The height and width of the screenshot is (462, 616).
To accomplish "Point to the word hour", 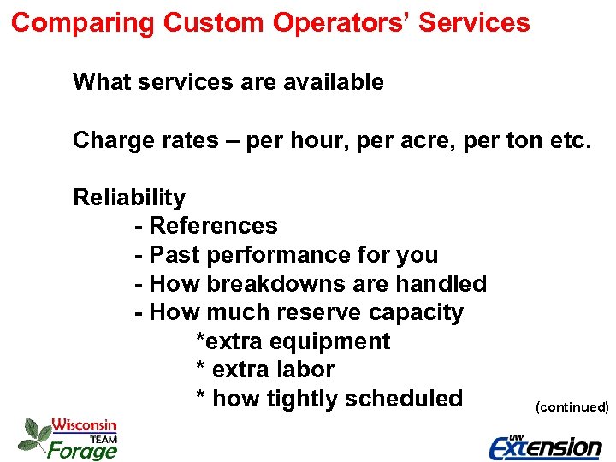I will (x=315, y=140).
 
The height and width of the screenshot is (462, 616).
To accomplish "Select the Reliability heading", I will (x=129, y=198).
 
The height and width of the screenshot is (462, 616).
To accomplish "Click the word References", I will (x=213, y=226).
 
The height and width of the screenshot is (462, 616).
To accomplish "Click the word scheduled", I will (x=401, y=399).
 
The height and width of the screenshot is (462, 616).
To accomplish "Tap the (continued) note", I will (x=572, y=407).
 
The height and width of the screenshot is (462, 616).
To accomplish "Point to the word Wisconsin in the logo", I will (x=84, y=425).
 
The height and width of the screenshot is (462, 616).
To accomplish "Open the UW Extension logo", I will (x=544, y=446).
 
